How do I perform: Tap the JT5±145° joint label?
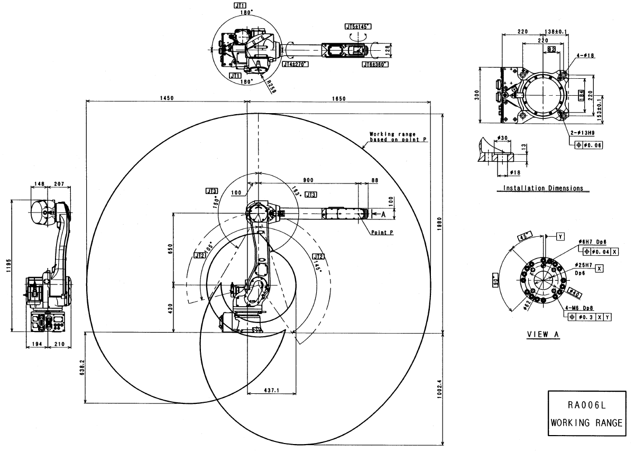[x=358, y=26]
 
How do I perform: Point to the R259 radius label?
[x=271, y=85]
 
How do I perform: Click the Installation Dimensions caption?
[x=542, y=188]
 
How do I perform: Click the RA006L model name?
[x=586, y=405]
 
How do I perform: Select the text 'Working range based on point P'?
[x=398, y=136]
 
